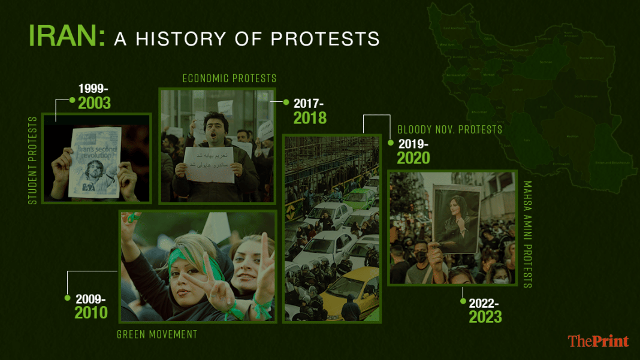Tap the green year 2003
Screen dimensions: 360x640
[94, 103]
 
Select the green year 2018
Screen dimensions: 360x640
[310, 117]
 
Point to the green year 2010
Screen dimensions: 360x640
[91, 312]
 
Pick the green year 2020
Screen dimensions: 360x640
[413, 158]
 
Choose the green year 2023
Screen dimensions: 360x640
[485, 316]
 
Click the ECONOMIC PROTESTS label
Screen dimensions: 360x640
[230, 78]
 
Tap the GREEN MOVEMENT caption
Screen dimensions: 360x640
[156, 334]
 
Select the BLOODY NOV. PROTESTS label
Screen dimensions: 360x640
[449, 129]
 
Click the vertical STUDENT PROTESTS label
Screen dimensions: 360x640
[33, 161]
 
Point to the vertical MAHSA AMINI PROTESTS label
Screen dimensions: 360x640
[527, 234]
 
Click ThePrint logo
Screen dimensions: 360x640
[598, 341]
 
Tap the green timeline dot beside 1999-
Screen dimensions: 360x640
[72, 100]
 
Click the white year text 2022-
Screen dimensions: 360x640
[485, 302]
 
